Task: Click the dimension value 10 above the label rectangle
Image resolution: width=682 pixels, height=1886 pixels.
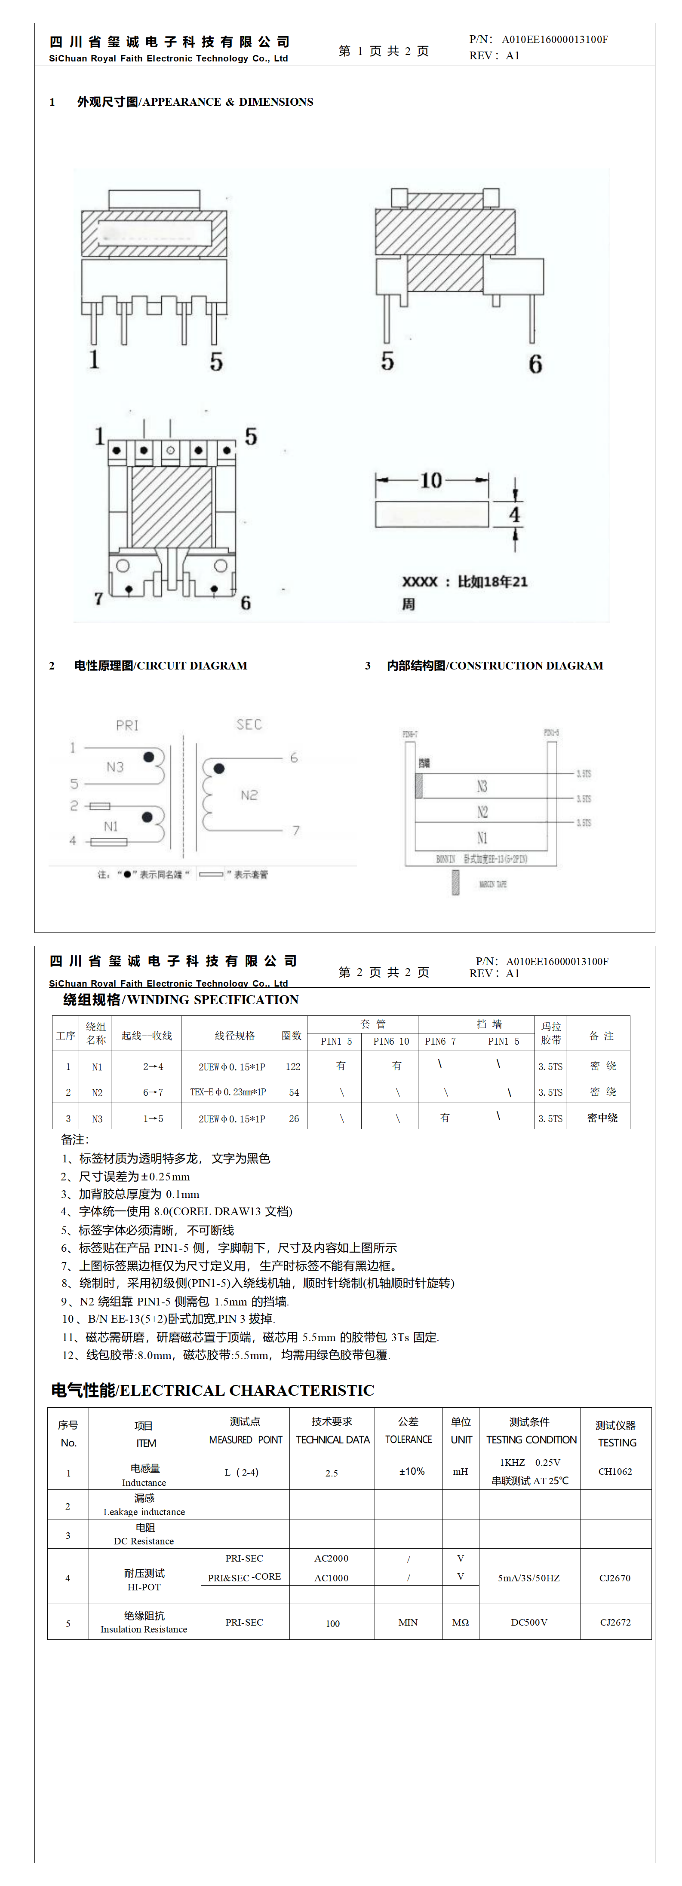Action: coord(431,480)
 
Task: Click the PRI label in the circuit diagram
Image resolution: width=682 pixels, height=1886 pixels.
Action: coord(127,725)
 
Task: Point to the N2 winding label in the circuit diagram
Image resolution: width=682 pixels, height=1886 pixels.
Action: coord(249,795)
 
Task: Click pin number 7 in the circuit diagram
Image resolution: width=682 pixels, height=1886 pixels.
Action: coord(296,830)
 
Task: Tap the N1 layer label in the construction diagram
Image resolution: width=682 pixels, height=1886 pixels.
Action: coord(482,838)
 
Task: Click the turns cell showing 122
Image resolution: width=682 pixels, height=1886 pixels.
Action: coord(293,1067)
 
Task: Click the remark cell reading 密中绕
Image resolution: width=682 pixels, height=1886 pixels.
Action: coord(602,1118)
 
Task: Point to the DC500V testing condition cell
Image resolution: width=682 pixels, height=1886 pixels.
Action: coord(529,1623)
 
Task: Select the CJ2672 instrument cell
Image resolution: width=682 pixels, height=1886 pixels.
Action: coord(614,1623)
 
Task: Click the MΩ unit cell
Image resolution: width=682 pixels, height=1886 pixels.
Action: coord(460,1623)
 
